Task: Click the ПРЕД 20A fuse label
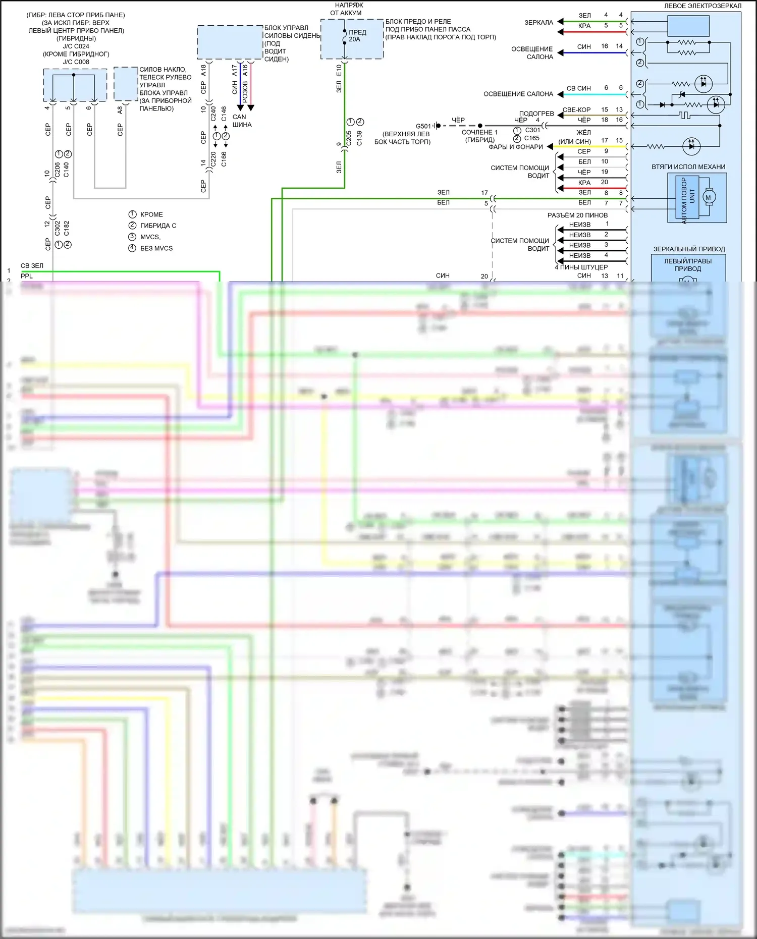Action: click(x=357, y=35)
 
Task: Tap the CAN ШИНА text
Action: click(x=241, y=121)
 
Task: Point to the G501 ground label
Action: click(x=423, y=126)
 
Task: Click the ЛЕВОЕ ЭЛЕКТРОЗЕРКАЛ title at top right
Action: click(x=702, y=6)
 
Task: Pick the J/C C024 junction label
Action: click(x=76, y=46)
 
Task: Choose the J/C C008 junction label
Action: click(x=76, y=62)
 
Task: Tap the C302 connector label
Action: click(x=57, y=228)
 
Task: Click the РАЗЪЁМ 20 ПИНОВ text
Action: click(x=577, y=215)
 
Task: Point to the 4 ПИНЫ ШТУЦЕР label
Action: click(x=581, y=267)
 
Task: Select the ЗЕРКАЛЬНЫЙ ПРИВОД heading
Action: click(x=689, y=249)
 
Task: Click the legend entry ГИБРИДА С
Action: click(x=158, y=226)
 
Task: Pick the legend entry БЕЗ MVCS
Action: click(x=156, y=248)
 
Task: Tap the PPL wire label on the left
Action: click(x=27, y=276)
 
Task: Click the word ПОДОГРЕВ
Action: click(x=536, y=114)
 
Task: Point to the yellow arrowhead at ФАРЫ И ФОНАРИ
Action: click(x=550, y=146)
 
